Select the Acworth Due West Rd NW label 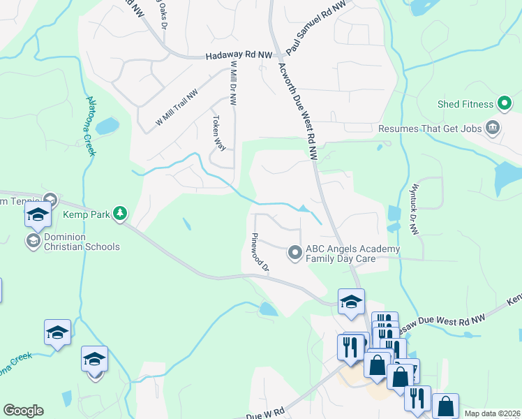(298, 110)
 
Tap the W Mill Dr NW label (233, 82)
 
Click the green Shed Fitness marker (505, 105)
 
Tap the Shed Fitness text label (465, 105)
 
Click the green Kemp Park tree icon (121, 213)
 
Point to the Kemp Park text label (89, 214)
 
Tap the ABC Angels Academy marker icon (295, 253)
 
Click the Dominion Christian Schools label (82, 242)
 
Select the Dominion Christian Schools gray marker (32, 241)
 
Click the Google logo (23, 411)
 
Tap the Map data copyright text (492, 413)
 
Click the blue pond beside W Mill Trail (107, 126)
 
